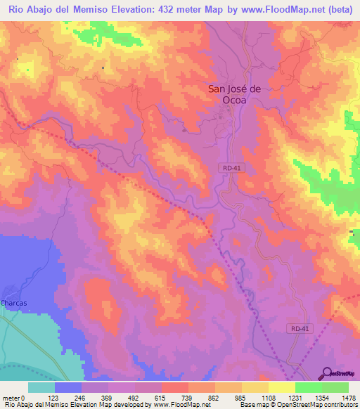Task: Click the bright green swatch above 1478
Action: click(335, 387)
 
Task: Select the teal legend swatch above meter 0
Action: click(41, 387)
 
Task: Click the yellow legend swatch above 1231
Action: click(282, 387)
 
